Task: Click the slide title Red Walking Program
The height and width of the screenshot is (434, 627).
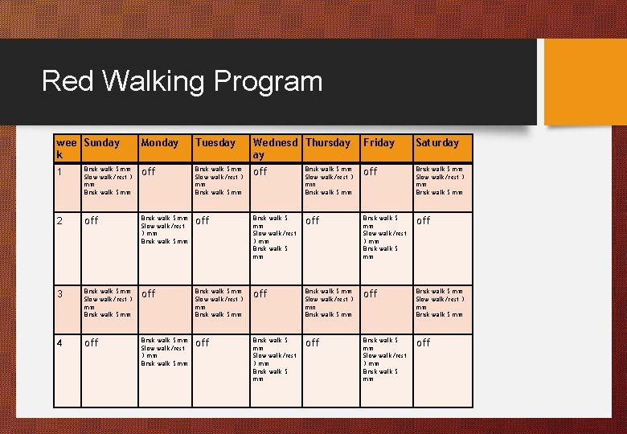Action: [182, 81]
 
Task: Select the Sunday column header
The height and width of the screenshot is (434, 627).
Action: [101, 143]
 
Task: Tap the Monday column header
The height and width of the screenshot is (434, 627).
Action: [160, 143]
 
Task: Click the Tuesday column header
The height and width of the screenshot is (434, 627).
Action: [215, 143]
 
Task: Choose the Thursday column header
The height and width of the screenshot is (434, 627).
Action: [328, 143]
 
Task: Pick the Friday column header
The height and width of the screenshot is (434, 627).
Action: [379, 143]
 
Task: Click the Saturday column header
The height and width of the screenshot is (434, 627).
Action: [436, 143]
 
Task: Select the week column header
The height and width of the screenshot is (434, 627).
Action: [67, 148]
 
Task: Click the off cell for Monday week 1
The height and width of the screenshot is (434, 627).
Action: [148, 172]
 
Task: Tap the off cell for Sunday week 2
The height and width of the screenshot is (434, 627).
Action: [92, 221]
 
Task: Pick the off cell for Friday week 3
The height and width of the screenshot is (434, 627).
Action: [370, 294]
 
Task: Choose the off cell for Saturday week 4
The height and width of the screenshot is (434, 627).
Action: [423, 343]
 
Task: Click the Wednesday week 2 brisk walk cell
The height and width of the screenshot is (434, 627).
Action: [275, 237]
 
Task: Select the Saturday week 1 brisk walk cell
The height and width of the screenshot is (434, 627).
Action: [439, 181]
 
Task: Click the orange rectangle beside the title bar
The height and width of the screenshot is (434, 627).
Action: [584, 81]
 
